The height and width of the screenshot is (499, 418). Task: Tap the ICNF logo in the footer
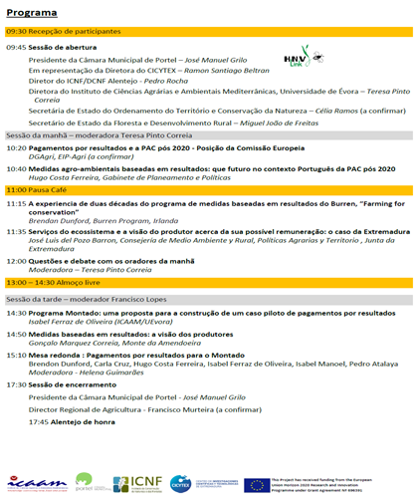click(x=146, y=483)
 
